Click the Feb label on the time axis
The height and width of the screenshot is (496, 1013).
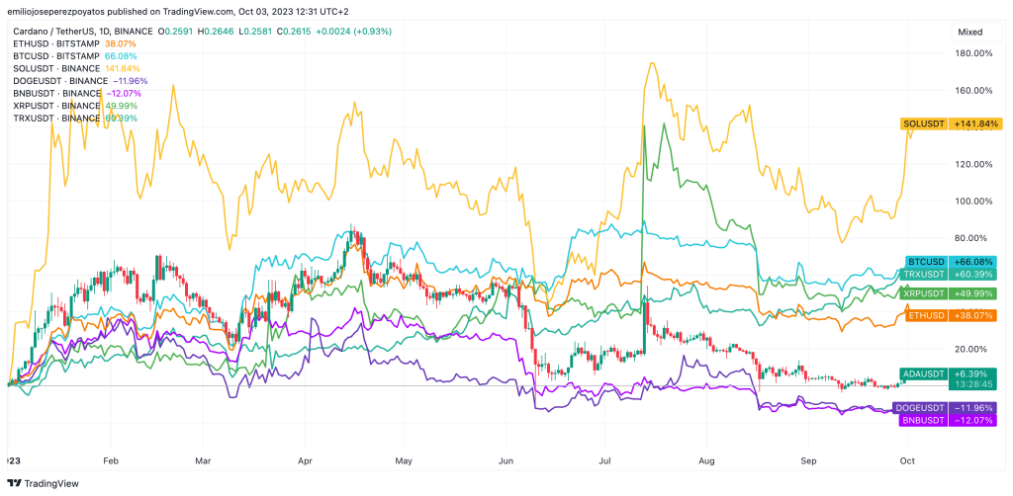(110, 460)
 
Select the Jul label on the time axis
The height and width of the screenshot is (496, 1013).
(605, 460)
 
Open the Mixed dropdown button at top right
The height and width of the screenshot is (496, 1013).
(974, 33)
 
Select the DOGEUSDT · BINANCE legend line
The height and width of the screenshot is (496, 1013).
(79, 81)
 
